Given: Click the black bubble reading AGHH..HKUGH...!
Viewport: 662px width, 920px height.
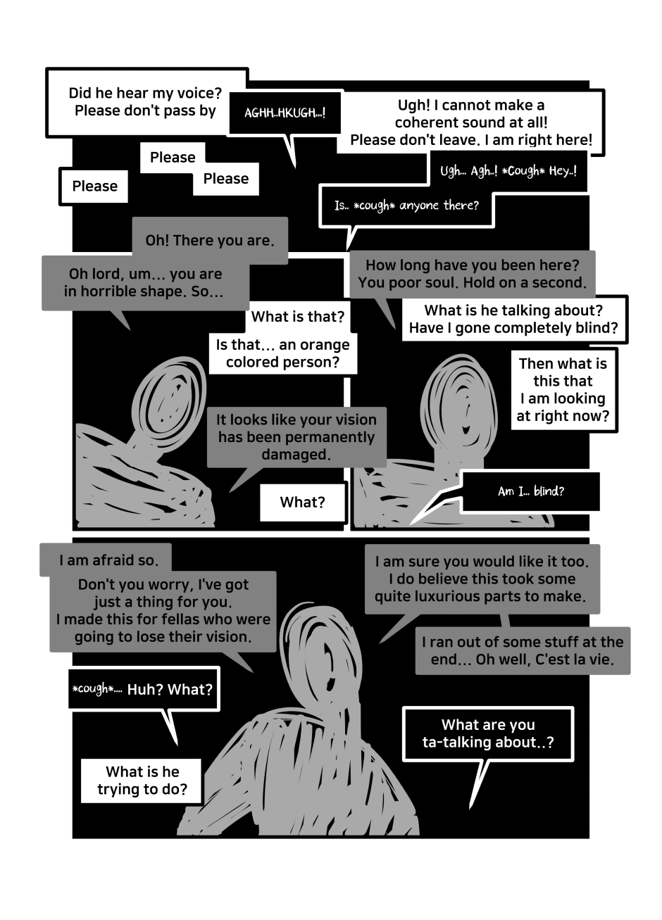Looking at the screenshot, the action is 285,113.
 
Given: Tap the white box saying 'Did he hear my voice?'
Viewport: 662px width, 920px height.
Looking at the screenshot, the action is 146,102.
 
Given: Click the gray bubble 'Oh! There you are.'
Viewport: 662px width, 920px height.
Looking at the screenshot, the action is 210,240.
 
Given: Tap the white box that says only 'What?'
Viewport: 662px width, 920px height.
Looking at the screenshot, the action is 302,502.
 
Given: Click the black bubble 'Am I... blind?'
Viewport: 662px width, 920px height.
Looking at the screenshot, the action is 530,491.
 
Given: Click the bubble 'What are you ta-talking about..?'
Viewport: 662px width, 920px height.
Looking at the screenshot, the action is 488,733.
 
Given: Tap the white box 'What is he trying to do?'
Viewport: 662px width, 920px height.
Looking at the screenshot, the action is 142,781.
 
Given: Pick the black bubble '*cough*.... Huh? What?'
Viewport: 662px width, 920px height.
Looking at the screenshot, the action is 143,689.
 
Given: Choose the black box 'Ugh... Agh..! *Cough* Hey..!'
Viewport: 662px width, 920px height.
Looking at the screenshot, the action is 508,170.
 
